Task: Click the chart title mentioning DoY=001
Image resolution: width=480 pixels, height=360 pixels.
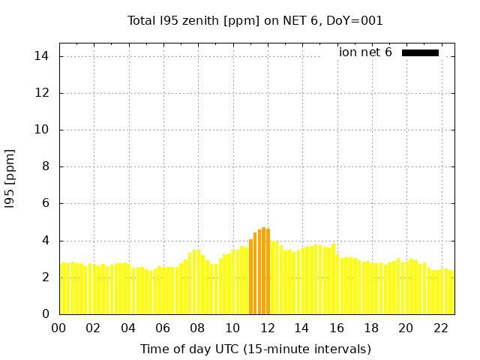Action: point(255,21)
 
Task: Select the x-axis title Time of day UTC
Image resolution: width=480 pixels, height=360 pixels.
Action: point(255,349)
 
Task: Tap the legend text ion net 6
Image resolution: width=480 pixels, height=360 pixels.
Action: point(365,52)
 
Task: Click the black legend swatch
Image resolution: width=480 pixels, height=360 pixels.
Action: point(420,52)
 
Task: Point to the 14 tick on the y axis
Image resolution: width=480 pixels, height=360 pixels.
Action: point(43,56)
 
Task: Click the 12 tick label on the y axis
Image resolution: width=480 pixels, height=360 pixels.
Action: point(43,93)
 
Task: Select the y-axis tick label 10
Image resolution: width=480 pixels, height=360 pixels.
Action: point(43,130)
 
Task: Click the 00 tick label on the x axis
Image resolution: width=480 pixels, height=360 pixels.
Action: point(59,328)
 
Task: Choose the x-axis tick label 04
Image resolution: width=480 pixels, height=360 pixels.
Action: point(128,328)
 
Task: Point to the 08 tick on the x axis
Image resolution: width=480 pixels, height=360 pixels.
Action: point(198,328)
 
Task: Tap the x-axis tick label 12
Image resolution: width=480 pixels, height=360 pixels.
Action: point(267,328)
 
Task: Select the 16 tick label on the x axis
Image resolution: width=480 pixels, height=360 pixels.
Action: point(337,328)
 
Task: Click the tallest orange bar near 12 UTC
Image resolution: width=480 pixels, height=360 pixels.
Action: point(264,271)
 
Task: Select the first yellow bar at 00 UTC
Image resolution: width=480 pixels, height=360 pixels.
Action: point(61,289)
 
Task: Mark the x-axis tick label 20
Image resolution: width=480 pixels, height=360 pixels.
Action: point(406,328)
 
